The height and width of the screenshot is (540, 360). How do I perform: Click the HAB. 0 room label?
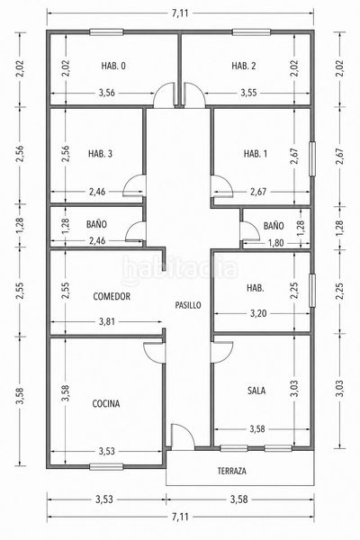point(113,66)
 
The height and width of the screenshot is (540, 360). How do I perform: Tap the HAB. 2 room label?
point(244,66)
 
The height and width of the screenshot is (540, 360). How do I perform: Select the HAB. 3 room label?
point(100,154)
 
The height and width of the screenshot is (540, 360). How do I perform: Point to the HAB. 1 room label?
point(256,154)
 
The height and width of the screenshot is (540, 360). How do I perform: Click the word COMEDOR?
point(112,296)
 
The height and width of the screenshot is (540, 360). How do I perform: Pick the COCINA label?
point(106,403)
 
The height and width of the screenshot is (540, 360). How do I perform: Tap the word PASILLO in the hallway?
point(188,305)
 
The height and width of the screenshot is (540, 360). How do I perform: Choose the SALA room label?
point(256,391)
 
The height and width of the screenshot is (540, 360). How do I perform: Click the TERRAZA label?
point(232,471)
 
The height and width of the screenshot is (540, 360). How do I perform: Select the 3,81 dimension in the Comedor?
point(107,321)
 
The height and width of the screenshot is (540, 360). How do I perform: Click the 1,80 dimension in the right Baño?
point(275,243)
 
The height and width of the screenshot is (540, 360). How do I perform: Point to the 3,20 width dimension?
point(258,313)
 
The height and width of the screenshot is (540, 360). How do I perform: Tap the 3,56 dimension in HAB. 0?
point(107,93)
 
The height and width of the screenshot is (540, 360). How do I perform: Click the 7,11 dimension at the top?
point(180,13)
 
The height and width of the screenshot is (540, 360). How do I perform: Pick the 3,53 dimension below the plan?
point(104,499)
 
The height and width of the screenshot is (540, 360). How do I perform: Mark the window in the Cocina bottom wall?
point(106,467)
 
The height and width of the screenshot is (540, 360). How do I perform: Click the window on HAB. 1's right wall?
point(312,158)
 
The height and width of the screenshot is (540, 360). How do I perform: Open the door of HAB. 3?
point(134,186)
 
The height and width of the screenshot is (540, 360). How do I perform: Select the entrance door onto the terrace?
point(183,436)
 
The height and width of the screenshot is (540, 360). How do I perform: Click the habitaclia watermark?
point(179,268)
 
